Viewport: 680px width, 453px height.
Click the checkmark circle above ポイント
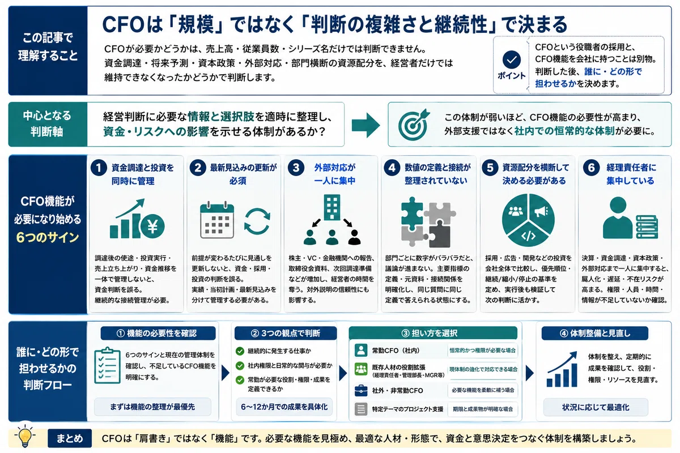512,59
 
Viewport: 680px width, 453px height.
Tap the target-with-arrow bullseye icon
414,125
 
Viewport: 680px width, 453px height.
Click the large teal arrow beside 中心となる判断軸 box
365,125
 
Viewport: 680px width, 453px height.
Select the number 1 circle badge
99,168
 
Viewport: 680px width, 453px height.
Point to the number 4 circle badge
392,168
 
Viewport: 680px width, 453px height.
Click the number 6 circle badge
592,168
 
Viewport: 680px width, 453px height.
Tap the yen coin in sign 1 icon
152,226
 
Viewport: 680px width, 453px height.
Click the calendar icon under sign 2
217,220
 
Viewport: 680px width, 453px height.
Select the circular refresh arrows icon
257,221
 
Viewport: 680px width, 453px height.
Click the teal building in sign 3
332,207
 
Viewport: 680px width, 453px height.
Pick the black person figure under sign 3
354,237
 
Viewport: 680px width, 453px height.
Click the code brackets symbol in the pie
529,236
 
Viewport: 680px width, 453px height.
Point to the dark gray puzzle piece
440,234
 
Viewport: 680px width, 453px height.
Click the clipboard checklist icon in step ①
107,365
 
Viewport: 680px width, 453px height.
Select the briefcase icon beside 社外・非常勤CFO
361,390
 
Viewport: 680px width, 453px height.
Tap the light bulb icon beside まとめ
25,436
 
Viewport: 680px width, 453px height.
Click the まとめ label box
70,438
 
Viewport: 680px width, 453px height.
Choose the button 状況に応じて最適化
596,407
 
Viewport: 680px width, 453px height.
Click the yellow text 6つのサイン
48,237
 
